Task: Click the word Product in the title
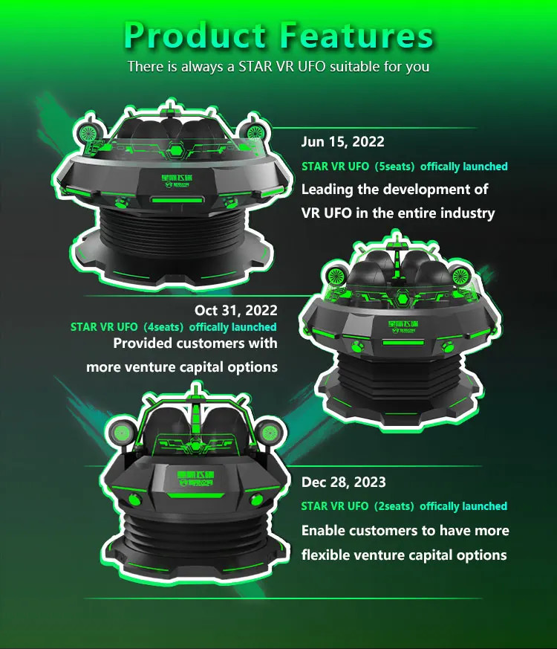click(194, 35)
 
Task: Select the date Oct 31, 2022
click(235, 310)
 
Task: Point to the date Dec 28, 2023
click(344, 482)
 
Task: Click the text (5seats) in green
click(400, 167)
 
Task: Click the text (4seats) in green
click(159, 327)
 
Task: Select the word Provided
click(143, 343)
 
